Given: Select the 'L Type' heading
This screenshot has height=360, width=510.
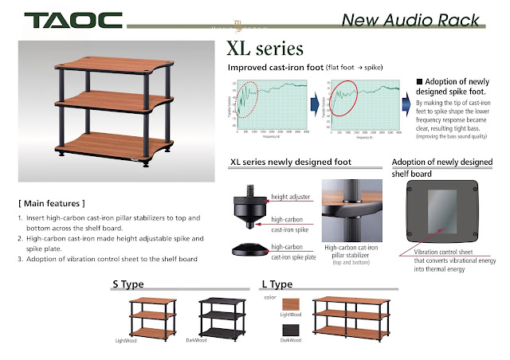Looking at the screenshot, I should [x=278, y=284].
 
